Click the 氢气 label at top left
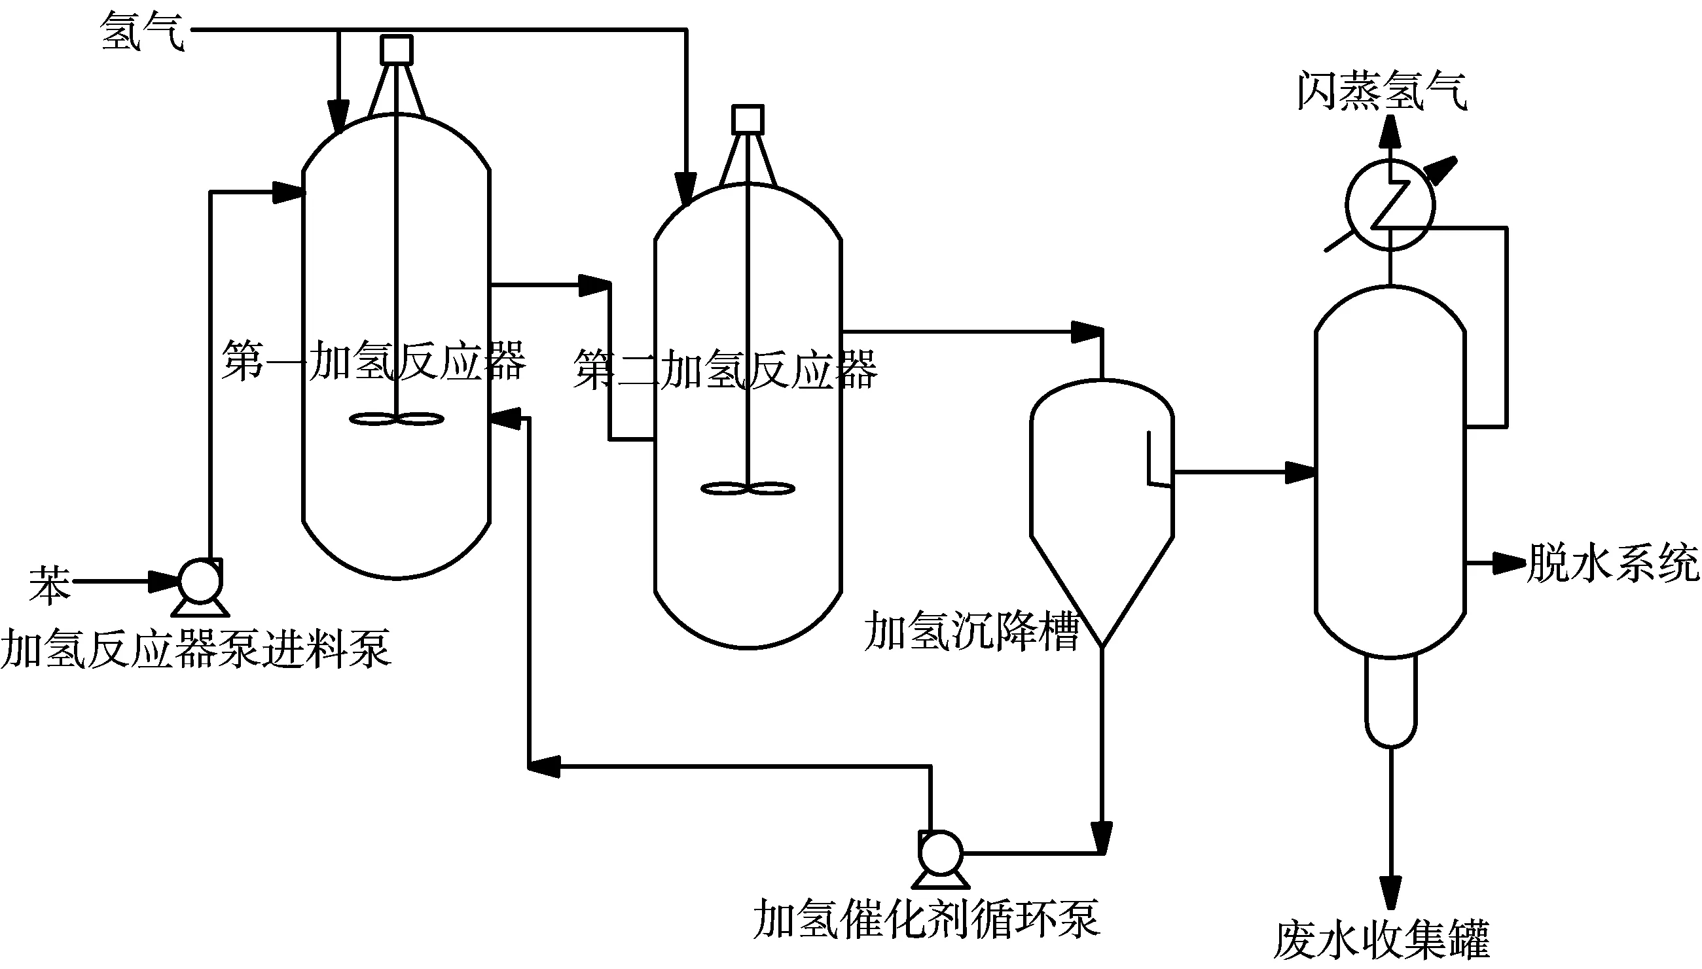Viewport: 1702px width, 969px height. coord(141,32)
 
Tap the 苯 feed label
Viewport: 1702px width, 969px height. coord(49,585)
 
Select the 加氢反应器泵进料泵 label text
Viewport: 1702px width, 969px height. coord(195,648)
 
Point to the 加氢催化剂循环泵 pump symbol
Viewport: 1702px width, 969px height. coord(939,853)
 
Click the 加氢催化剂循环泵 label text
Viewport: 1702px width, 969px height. coord(926,919)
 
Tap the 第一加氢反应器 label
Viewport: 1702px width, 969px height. coord(374,361)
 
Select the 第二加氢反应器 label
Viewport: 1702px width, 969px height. coord(725,370)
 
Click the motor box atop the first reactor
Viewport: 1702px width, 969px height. coord(396,50)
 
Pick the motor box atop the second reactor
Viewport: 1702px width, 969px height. coord(748,120)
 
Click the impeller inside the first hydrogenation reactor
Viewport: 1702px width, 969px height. coord(396,419)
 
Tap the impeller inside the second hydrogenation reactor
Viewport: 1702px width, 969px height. coord(748,489)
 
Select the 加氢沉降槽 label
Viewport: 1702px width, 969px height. coord(971,631)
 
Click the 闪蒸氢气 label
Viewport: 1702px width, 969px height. coord(1382,91)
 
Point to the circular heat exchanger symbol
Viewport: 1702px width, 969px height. coord(1390,205)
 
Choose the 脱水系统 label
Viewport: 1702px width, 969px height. coord(1612,563)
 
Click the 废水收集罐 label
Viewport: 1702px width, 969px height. coord(1382,940)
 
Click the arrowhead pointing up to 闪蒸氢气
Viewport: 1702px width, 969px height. coord(1390,130)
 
